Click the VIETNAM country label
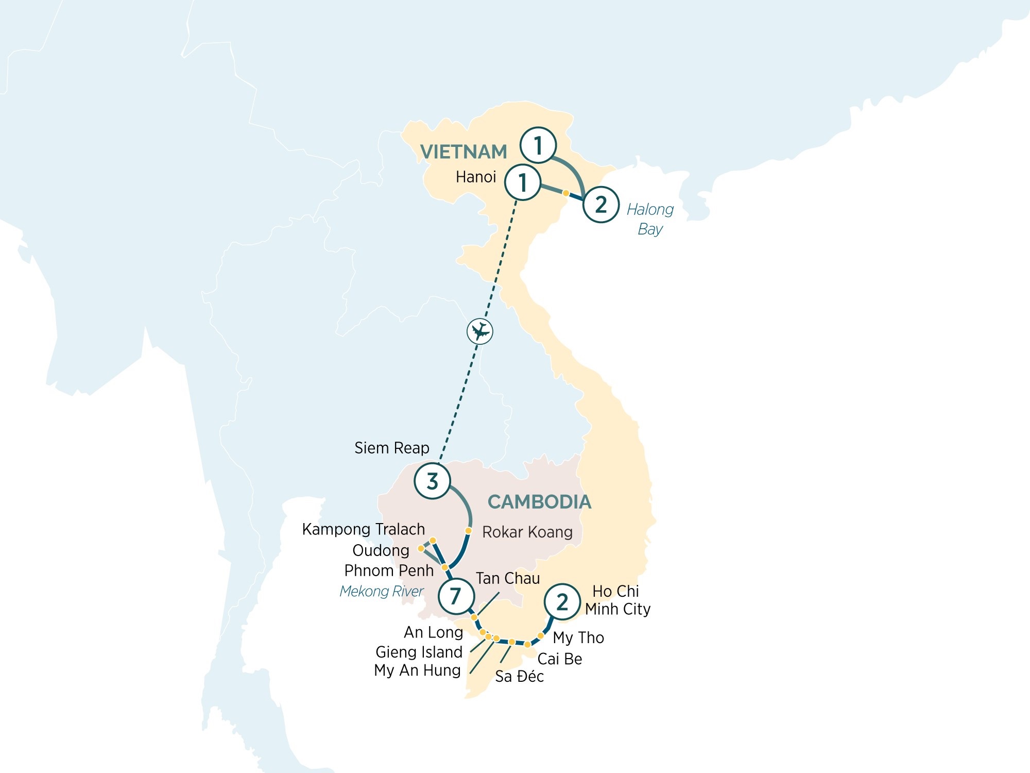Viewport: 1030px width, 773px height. pos(463,152)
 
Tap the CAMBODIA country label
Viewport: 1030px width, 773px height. pos(539,502)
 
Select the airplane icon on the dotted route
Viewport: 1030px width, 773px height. pos(479,331)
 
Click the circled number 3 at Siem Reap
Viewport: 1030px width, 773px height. pos(433,481)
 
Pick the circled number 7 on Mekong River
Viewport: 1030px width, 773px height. pos(456,596)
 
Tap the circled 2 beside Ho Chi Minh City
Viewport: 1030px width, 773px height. pos(562,601)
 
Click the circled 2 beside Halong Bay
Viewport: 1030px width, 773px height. pos(600,205)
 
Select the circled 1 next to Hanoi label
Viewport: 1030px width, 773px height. pos(522,182)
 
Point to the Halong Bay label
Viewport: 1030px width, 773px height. pos(650,219)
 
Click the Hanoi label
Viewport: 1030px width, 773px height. pos(475,177)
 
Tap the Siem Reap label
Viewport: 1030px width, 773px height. pos(391,448)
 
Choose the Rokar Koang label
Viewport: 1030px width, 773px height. pos(527,532)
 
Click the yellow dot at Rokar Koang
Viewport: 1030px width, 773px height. pos(468,530)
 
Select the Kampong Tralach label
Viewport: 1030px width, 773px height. pos(363,529)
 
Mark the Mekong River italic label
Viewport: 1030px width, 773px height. pos(381,591)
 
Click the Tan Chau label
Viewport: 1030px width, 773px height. pos(507,578)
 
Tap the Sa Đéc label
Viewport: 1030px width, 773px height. pos(519,677)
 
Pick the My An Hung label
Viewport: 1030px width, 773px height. pos(417,670)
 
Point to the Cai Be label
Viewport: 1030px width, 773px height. pos(559,659)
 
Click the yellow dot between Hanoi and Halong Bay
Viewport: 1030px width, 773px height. pos(565,193)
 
